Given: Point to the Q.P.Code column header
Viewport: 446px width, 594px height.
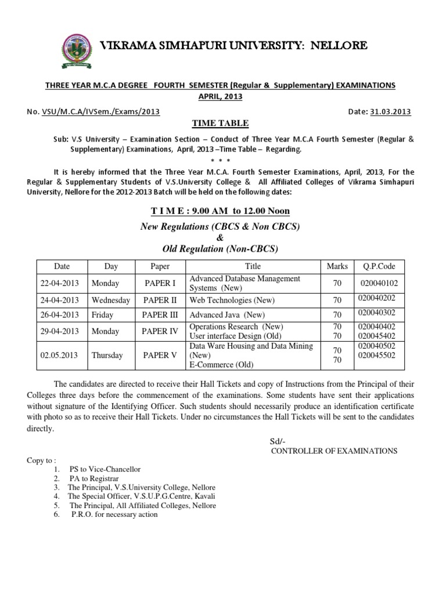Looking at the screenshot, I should [379, 266].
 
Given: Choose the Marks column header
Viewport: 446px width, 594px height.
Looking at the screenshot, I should [337, 266].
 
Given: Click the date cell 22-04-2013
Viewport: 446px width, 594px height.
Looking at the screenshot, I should [62, 284].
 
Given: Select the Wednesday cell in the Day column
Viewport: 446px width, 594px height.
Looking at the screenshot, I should [111, 300].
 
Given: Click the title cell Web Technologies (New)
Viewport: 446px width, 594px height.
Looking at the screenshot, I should [232, 300].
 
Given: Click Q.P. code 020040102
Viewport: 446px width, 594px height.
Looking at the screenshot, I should [379, 284].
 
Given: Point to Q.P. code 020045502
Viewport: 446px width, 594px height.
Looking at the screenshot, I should [377, 355].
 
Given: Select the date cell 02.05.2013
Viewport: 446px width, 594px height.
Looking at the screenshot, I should [62, 356].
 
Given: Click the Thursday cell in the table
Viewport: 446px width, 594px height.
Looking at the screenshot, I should [109, 356].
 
